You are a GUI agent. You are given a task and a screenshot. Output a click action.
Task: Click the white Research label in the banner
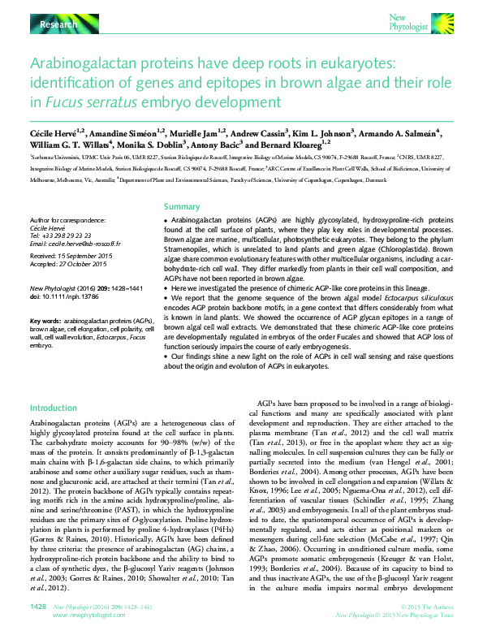(x=58, y=26)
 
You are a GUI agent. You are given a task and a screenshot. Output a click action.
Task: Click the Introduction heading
(x=53, y=408)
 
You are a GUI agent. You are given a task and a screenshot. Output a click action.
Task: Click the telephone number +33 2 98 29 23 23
(x=71, y=236)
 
